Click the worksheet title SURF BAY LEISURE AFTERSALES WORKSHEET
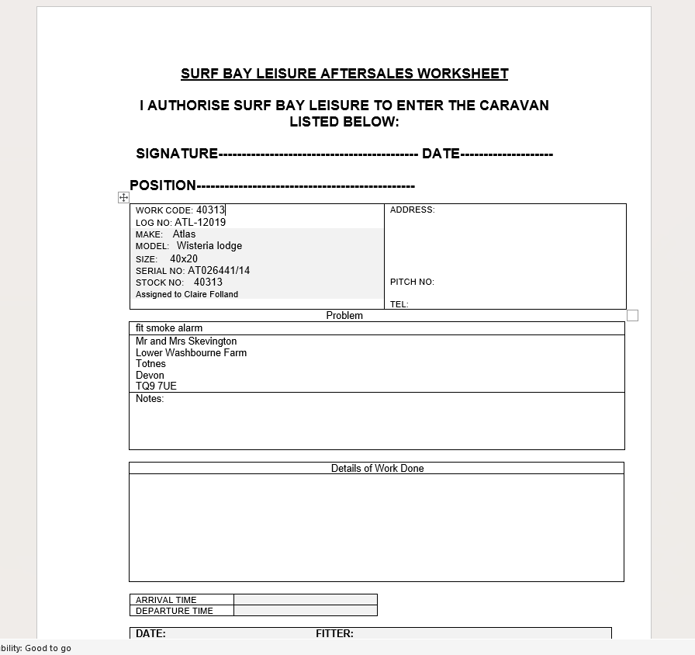[344, 74]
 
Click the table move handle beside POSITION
[123, 198]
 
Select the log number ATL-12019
[200, 223]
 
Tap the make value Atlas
[184, 234]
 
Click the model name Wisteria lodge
[209, 246]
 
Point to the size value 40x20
[184, 259]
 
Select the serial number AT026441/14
[219, 271]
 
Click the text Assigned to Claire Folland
[187, 295]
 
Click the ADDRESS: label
[412, 210]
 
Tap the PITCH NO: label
[412, 282]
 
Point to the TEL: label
[399, 304]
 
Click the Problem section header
[344, 316]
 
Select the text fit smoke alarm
[169, 328]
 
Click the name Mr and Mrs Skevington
[186, 341]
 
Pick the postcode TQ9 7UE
[156, 386]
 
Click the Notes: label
[150, 399]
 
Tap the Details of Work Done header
[377, 469]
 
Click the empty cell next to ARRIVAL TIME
[305, 600]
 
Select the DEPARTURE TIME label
[174, 611]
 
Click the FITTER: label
[334, 634]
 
